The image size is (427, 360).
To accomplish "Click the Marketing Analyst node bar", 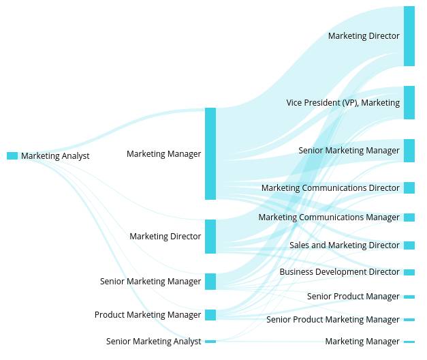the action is [x=12, y=156].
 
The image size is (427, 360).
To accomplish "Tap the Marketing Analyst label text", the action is [x=55, y=156].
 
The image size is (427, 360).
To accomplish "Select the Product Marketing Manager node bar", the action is [x=210, y=315].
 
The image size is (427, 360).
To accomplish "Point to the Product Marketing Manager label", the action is [x=148, y=315].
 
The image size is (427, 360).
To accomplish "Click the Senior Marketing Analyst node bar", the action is [x=210, y=342].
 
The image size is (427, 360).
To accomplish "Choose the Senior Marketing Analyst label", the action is [x=153, y=342].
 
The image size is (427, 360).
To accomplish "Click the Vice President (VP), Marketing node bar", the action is [x=409, y=103].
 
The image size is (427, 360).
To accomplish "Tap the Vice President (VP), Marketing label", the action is [x=343, y=103].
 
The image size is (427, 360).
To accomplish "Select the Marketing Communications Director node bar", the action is [x=409, y=188].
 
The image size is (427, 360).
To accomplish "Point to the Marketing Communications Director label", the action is [x=330, y=188].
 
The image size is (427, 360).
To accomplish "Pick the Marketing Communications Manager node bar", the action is [x=409, y=217].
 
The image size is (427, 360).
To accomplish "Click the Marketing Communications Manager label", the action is [x=329, y=217].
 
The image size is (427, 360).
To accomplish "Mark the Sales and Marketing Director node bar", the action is [x=409, y=245].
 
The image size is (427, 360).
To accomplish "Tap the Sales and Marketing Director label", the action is [x=344, y=245].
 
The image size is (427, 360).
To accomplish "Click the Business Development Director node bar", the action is [x=409, y=273].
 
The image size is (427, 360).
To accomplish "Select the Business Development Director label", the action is [x=339, y=272].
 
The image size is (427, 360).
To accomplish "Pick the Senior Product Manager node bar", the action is [x=409, y=297].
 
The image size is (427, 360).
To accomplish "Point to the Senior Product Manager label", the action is [x=353, y=297].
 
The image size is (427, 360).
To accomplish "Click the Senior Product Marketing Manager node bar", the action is [x=409, y=320].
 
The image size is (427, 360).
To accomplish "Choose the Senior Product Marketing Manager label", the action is [x=332, y=320].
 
